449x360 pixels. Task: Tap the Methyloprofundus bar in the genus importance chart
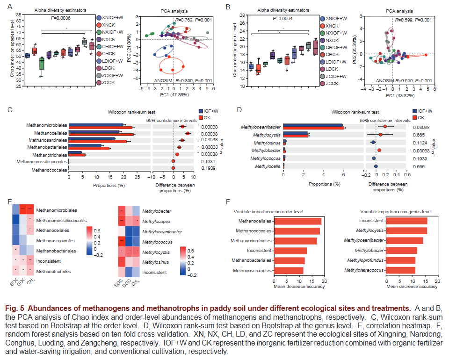pyautogui.click(x=400, y=260)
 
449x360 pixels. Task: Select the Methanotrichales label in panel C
pyautogui.click(x=48, y=153)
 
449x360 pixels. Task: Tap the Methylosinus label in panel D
pyautogui.click(x=267, y=142)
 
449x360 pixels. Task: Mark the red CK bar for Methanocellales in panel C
pyautogui.click(x=101, y=135)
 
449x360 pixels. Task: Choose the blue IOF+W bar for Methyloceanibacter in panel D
pyautogui.click(x=313, y=125)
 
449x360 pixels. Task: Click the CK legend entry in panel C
pyautogui.click(x=205, y=117)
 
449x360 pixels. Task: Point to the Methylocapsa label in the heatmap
pyautogui.click(x=157, y=221)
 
